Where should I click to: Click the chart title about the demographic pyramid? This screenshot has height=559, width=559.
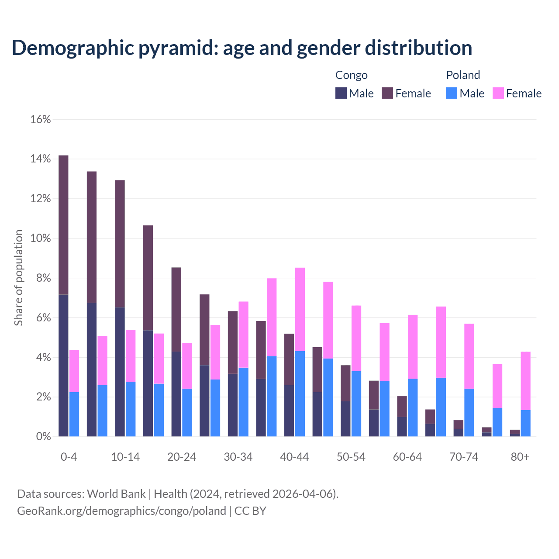coord(242,48)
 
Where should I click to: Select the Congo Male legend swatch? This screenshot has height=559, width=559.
coord(341,93)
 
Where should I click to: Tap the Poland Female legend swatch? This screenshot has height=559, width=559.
coord(498,93)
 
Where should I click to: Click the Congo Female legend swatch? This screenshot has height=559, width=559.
coord(387,93)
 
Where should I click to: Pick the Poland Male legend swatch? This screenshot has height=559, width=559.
coord(452,93)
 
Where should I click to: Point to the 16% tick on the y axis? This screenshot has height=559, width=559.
coord(41,119)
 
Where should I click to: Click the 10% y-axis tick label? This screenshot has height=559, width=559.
coord(41,238)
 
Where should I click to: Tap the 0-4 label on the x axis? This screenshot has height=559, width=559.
coord(69,457)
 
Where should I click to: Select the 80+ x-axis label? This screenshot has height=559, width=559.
coord(520,457)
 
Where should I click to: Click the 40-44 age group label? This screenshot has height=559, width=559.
coord(294,457)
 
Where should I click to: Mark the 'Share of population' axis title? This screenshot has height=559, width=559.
coord(18,278)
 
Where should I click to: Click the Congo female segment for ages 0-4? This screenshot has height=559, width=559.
coord(63,225)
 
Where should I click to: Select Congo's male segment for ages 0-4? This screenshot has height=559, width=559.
coord(63,366)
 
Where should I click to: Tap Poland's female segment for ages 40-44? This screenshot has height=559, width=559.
coord(300,309)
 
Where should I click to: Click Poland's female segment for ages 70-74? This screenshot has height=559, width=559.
coord(469,356)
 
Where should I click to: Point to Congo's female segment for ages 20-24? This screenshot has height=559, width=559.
coord(176,309)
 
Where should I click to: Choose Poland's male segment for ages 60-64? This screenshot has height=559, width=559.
coord(413,407)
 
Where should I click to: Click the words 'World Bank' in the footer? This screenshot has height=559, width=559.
coord(116,494)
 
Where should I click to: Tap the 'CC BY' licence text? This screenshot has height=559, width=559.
coord(250,511)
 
